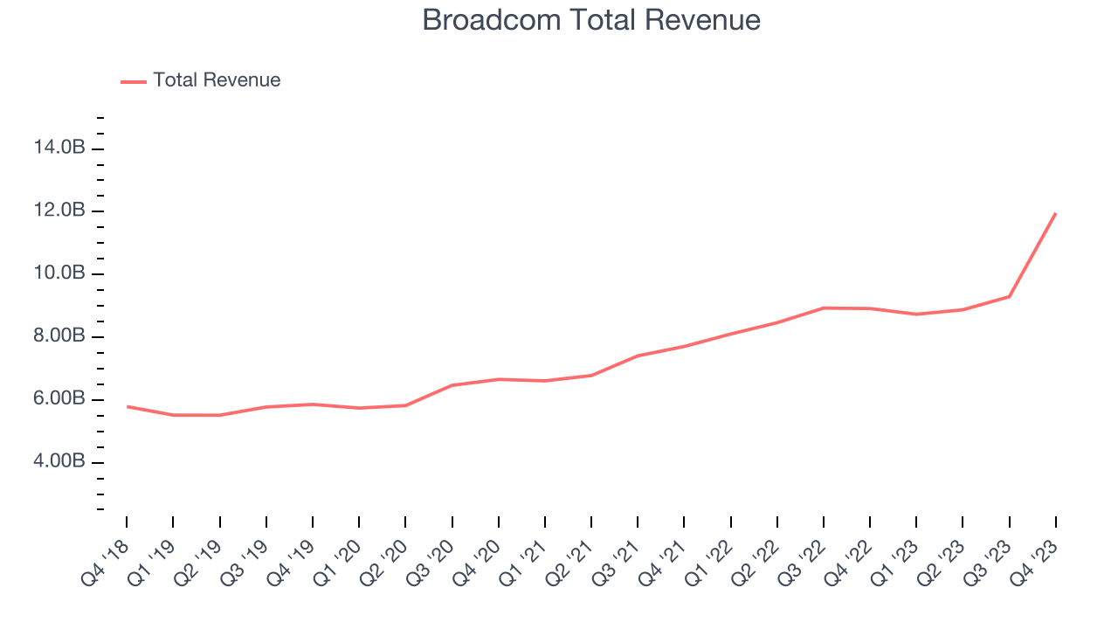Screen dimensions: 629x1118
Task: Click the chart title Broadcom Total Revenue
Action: (x=591, y=20)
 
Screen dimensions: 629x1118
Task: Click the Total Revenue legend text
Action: (x=217, y=80)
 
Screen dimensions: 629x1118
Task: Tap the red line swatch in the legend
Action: (x=134, y=81)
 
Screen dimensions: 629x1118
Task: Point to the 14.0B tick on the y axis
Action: (x=59, y=149)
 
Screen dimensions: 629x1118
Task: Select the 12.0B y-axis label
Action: (x=59, y=211)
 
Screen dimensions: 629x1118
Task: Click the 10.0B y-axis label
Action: (x=59, y=274)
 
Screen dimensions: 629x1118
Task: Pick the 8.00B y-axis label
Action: (x=59, y=337)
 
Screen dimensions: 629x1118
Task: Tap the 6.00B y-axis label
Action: (x=59, y=400)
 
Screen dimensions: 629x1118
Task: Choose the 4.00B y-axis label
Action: (x=59, y=462)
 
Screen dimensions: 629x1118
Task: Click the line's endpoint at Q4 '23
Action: (x=1056, y=213)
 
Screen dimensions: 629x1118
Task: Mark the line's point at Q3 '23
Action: (x=1010, y=296)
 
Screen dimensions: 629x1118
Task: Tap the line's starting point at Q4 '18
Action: (x=127, y=406)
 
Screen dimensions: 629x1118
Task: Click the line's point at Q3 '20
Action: (x=452, y=385)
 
